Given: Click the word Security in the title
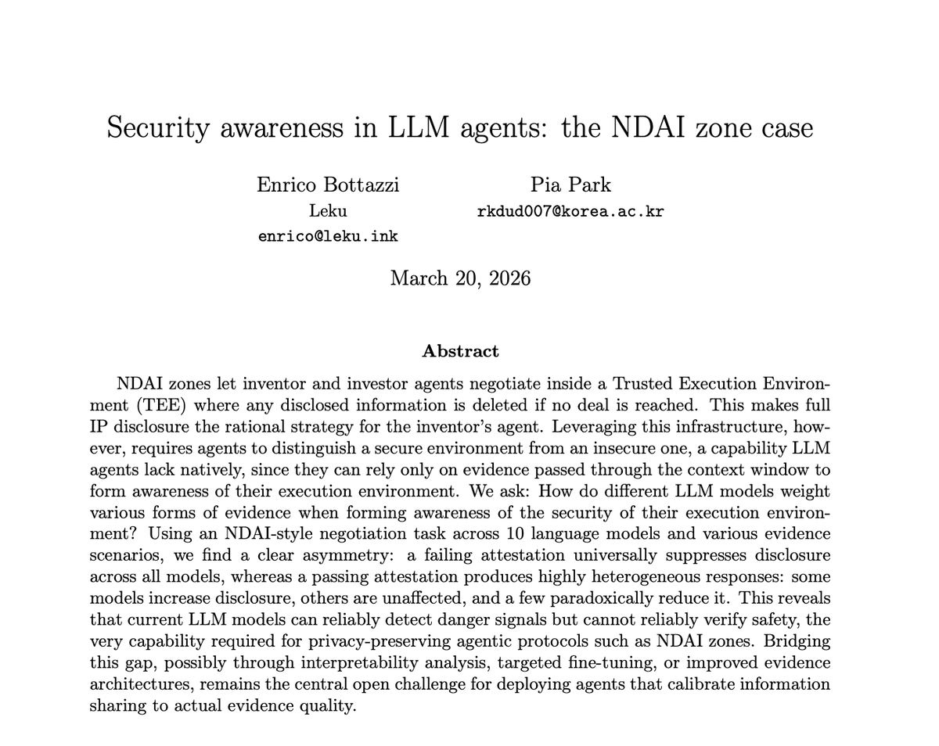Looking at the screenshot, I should (x=157, y=127).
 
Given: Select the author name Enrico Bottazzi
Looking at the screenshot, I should (x=328, y=185).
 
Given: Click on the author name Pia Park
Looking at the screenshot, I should (x=570, y=185).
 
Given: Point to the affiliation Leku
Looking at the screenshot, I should (x=328, y=211).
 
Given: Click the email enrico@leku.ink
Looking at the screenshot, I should (x=328, y=236).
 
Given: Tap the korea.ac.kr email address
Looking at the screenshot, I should (x=570, y=211).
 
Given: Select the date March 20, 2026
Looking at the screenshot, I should (x=460, y=278).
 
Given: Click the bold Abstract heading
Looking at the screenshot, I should (x=460, y=351).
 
